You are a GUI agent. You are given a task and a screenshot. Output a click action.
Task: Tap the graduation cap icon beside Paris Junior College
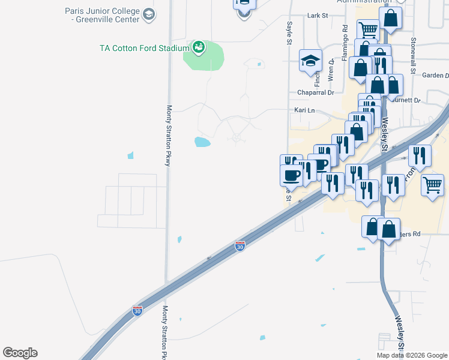149,14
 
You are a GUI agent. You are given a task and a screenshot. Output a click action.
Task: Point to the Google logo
20,353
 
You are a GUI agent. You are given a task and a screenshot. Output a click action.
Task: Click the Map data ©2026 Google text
412,355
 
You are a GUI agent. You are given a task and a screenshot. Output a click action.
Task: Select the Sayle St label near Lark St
289,33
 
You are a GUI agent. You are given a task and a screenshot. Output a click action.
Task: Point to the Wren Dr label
331,70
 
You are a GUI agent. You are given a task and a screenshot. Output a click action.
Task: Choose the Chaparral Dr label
316,92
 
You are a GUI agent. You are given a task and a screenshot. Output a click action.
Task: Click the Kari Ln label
304,110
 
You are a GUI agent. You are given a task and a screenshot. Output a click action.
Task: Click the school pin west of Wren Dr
310,61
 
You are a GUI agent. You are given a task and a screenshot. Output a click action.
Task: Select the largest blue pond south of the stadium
202,142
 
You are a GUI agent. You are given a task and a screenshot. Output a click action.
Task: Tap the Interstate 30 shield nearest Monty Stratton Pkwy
137,311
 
